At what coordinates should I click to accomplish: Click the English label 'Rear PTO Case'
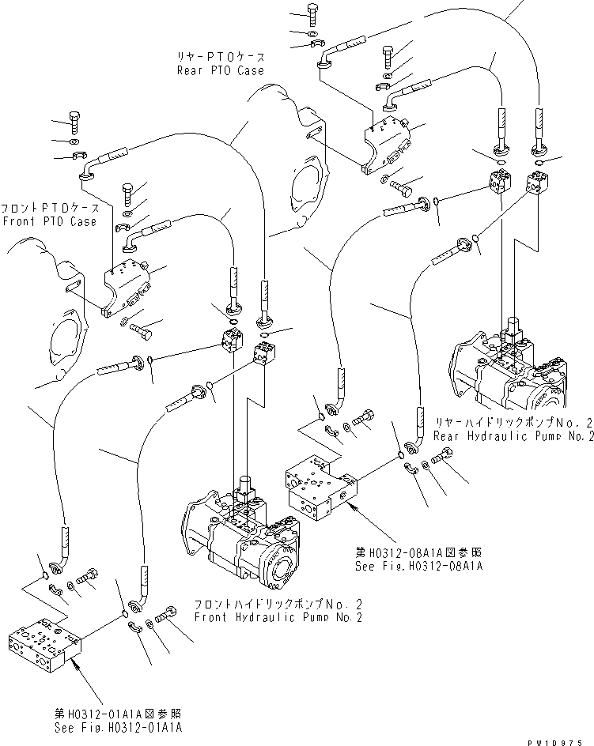[221, 70]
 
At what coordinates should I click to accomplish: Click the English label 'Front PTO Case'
[49, 222]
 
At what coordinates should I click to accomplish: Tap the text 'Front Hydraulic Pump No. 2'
[278, 617]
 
